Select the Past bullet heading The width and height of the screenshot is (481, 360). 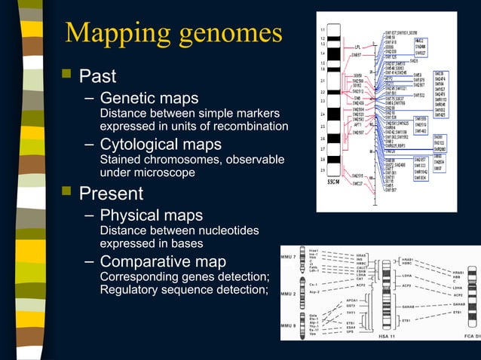tap(97, 76)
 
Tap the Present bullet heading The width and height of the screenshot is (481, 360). tap(111, 194)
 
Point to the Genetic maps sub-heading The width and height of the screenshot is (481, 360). tap(149, 99)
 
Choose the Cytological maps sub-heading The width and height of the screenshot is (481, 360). tap(161, 144)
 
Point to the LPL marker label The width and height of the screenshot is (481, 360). tap(357, 47)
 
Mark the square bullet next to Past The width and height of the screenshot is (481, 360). tap(67, 75)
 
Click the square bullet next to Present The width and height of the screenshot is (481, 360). tap(67, 193)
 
